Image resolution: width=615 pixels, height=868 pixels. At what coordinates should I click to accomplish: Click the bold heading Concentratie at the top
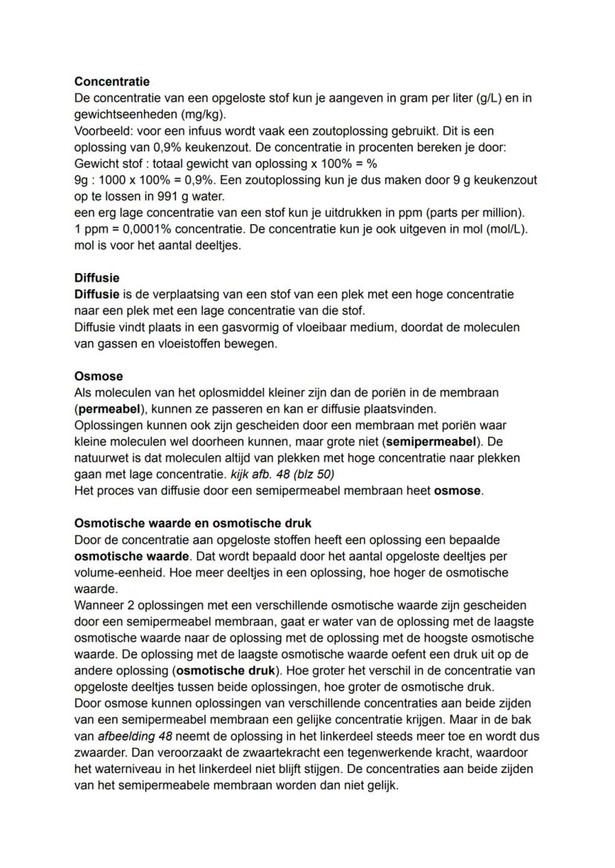coord(112,82)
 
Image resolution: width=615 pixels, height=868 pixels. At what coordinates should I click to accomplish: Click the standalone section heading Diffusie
coord(97,278)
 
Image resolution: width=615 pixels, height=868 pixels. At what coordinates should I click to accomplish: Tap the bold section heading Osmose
coord(99,376)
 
